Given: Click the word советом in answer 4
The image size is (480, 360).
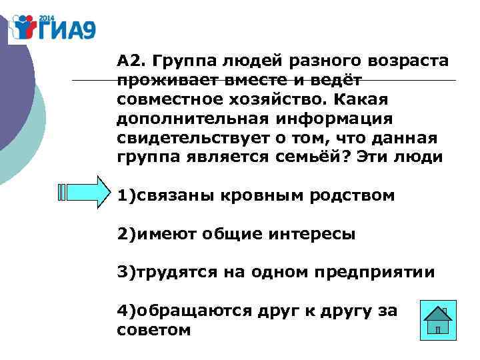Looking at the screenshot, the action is click(x=153, y=329).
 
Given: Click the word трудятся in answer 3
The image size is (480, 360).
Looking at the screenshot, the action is click(x=173, y=273).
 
